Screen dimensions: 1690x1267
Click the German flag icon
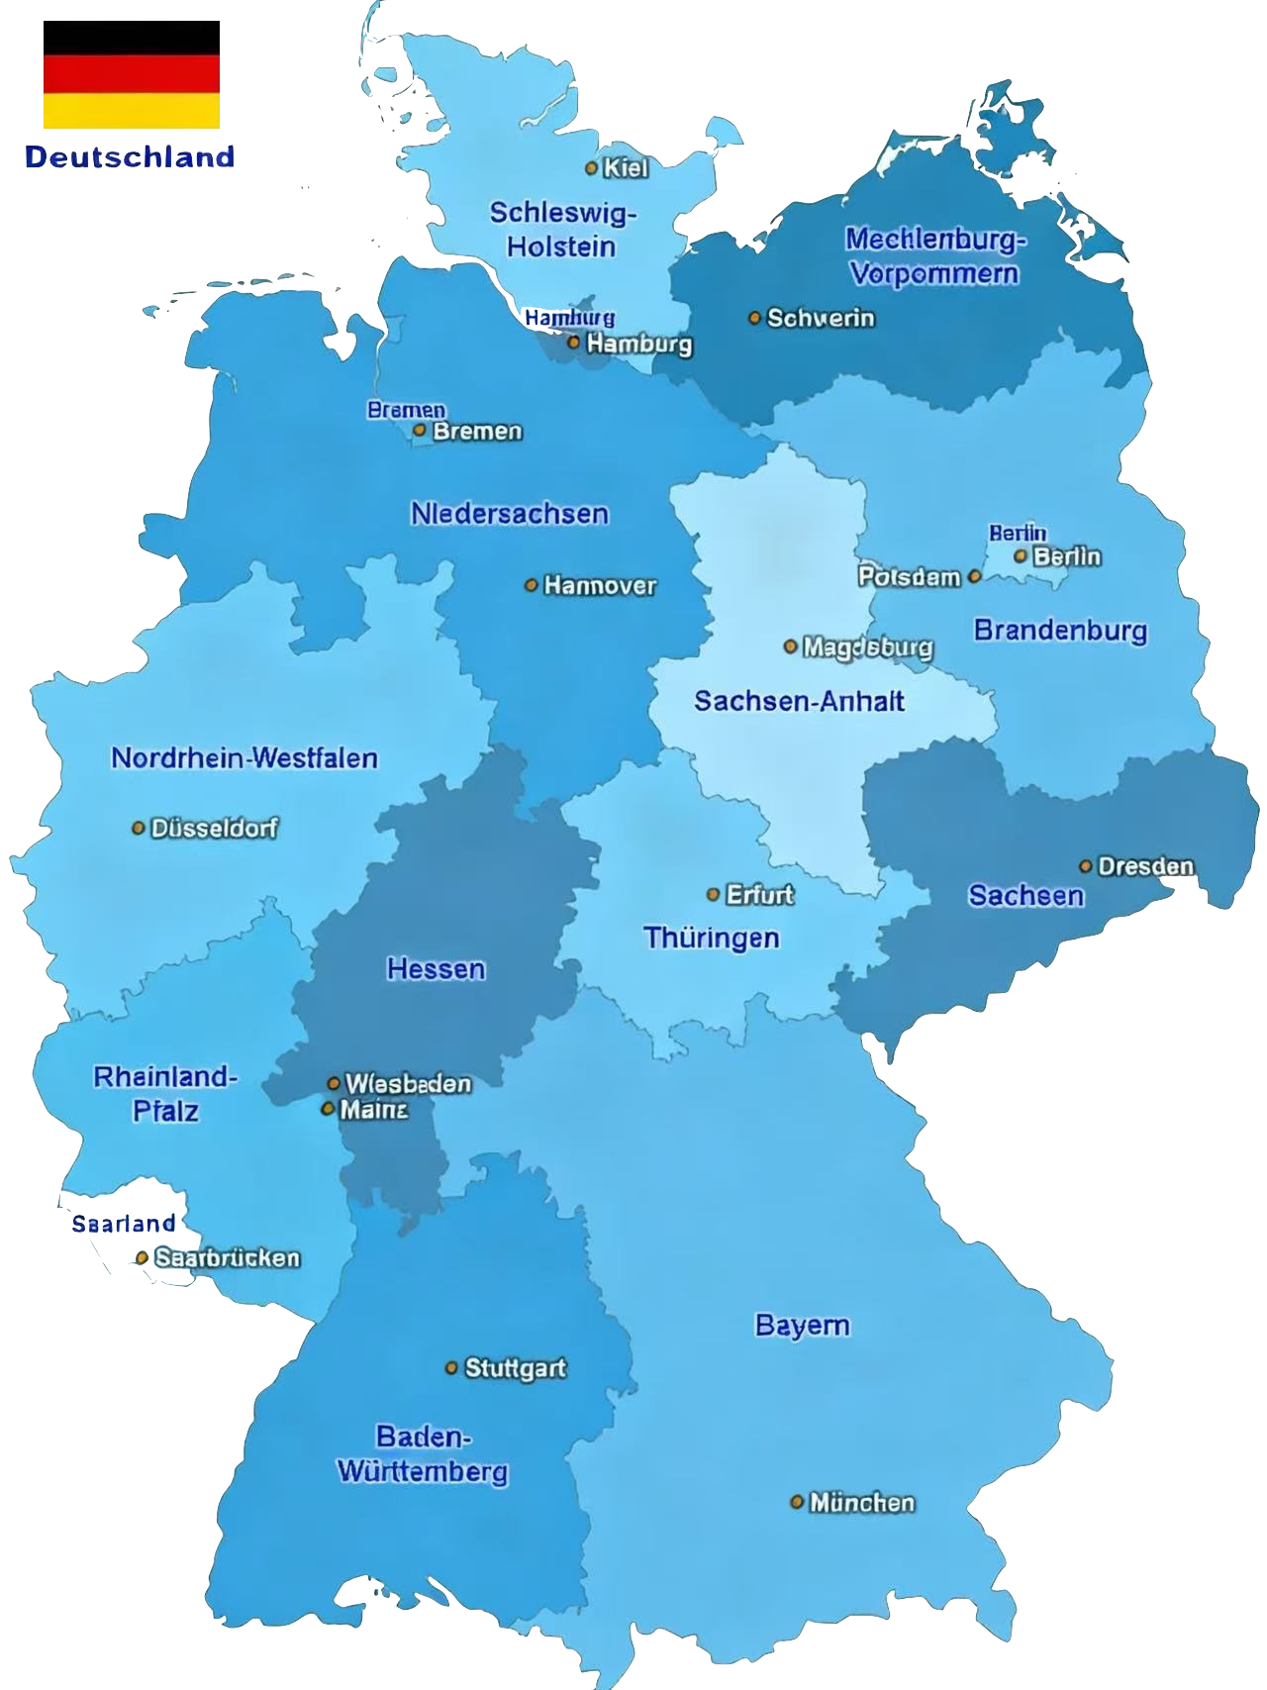point(131,91)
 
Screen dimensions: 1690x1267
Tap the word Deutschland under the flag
point(130,157)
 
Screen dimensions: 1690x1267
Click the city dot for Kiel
point(592,168)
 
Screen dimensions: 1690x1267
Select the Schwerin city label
point(821,318)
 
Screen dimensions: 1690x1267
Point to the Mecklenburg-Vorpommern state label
point(934,255)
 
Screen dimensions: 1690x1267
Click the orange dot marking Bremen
point(420,431)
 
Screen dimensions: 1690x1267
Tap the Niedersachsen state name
point(510,513)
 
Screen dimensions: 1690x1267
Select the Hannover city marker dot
point(532,585)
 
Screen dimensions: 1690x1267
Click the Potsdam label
point(909,576)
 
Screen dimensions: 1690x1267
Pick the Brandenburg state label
point(1060,630)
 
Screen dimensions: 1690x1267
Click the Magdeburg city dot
point(790,646)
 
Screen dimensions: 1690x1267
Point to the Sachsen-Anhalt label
point(799,701)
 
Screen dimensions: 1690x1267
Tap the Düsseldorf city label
point(214,828)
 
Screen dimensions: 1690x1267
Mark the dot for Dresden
point(1086,866)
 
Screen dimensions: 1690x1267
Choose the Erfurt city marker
point(713,894)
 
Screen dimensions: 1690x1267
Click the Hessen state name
point(436,968)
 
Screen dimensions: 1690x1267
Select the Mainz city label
point(373,1110)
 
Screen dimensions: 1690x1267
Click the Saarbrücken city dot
point(143,1257)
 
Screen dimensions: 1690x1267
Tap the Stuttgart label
point(515,1368)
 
